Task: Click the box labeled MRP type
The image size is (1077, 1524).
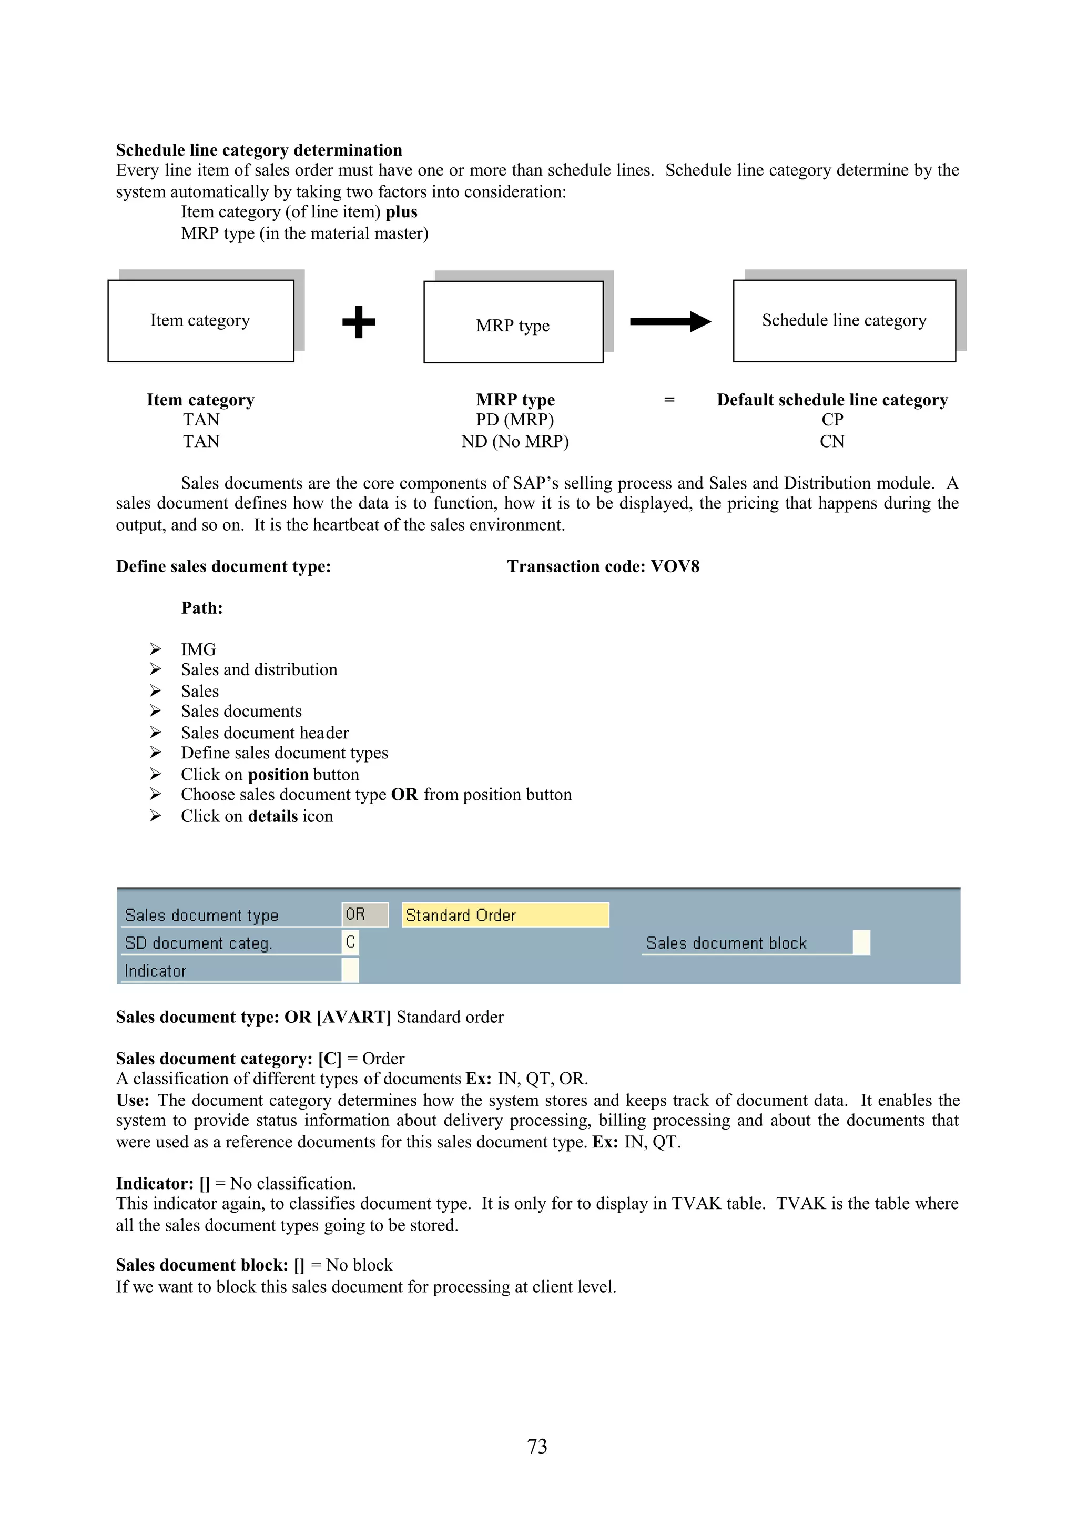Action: pyautogui.click(x=513, y=322)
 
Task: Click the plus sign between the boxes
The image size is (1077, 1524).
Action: pyautogui.click(x=359, y=322)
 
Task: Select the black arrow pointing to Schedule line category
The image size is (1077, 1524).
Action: pyautogui.click(x=669, y=322)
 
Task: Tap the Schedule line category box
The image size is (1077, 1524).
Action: pyautogui.click(x=844, y=321)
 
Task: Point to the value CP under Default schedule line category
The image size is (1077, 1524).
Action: pyautogui.click(x=832, y=420)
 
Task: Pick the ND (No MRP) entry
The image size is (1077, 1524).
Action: pyautogui.click(x=515, y=442)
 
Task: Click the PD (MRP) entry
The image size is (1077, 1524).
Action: pyautogui.click(x=515, y=420)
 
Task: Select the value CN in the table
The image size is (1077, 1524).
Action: pyautogui.click(x=832, y=442)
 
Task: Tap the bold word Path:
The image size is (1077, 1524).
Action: pyautogui.click(x=202, y=608)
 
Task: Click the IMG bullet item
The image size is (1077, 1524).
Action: pyautogui.click(x=198, y=650)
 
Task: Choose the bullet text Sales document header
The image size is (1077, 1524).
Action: pyautogui.click(x=265, y=733)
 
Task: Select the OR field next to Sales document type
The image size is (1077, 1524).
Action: pyautogui.click(x=364, y=915)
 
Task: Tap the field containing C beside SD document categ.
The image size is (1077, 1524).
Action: pyautogui.click(x=350, y=942)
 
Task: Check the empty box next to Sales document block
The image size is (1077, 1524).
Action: pyautogui.click(x=861, y=942)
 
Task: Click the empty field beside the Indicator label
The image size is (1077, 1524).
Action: pyautogui.click(x=350, y=970)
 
